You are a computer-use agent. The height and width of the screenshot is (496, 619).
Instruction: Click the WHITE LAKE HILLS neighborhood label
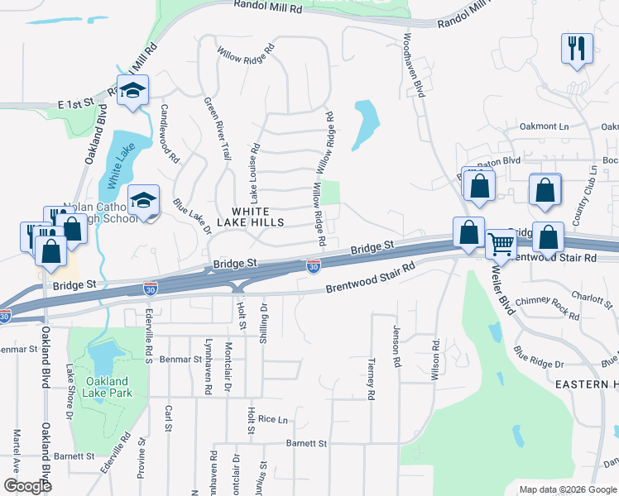coord(250,217)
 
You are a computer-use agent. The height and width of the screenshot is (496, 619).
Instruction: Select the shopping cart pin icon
coord(501,244)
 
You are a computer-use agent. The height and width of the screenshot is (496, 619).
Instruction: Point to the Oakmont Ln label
coord(545,126)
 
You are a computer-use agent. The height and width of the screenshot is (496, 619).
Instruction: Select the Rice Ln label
coord(272,419)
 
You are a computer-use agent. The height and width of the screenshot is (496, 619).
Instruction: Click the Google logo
coord(28,486)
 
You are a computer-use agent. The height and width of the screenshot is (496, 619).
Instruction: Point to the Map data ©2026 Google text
coord(567,489)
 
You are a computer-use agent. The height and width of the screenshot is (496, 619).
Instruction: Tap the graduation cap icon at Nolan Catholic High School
coord(144,200)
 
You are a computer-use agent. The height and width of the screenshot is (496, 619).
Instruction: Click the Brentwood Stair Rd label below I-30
coord(369,279)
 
